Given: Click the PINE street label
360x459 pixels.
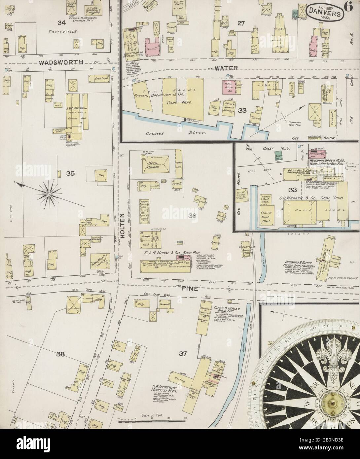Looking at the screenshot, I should pyautogui.click(x=189, y=288).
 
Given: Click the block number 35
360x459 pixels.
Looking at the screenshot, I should pyautogui.click(x=70, y=173).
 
